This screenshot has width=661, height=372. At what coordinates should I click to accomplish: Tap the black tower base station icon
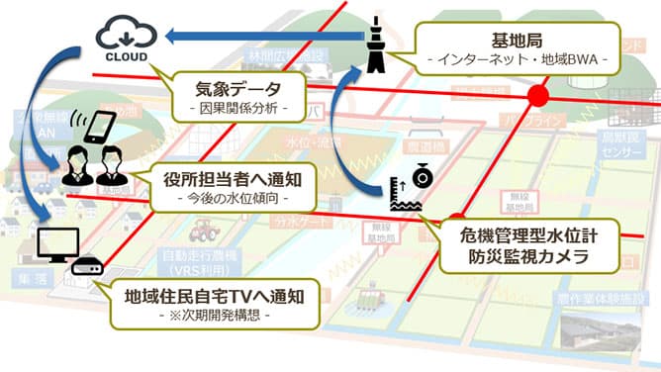click(x=379, y=45)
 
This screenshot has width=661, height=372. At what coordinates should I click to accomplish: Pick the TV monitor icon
click(x=55, y=243)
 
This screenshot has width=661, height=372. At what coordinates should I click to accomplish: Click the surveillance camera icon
click(x=423, y=176)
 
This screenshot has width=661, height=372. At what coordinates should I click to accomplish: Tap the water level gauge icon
click(x=402, y=201)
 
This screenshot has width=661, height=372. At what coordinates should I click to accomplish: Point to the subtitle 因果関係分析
click(x=236, y=106)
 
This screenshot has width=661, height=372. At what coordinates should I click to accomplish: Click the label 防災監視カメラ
click(x=532, y=258)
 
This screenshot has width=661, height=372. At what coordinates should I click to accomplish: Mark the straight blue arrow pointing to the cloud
click(x=262, y=38)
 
